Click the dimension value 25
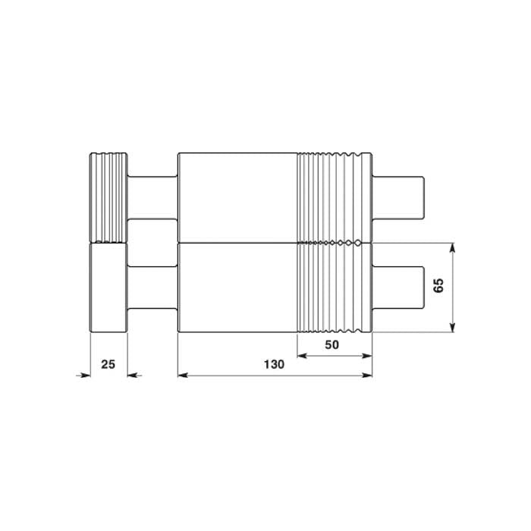[x=108, y=365]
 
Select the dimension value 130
[x=274, y=365]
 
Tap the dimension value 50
[x=331, y=344]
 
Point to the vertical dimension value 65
[x=438, y=286]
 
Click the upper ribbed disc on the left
[x=108, y=196]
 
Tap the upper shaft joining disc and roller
[x=152, y=198]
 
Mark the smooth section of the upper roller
[x=237, y=197]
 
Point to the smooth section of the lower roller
[x=237, y=287]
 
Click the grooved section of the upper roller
[x=334, y=197]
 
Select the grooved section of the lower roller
[x=334, y=287]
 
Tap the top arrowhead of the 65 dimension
[x=452, y=248]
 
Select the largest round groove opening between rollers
[x=358, y=243]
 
